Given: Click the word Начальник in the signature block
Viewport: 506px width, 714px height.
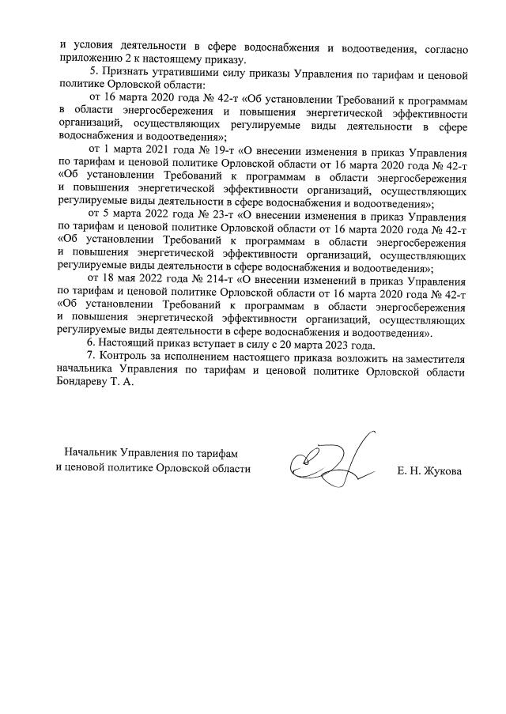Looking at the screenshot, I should click(91, 452).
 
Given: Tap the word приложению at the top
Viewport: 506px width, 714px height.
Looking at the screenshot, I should click(89, 59).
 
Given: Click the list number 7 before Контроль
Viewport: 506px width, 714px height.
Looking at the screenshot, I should click(90, 357).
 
